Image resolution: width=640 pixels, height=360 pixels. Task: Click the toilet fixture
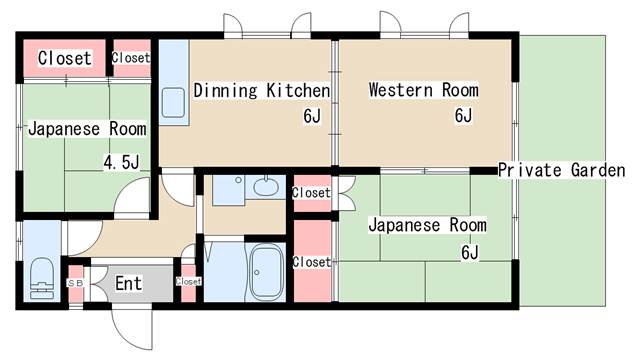41,279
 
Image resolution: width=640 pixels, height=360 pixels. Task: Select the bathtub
265,272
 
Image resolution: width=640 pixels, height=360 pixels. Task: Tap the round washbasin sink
266,186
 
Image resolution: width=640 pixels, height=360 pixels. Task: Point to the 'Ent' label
128,284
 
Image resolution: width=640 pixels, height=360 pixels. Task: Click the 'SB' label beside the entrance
75,283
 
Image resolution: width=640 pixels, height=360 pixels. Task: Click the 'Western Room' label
423,91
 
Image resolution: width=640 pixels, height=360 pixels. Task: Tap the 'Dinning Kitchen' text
261,91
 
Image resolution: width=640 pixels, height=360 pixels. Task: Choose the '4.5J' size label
121,162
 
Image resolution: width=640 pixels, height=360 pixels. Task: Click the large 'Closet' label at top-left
64,59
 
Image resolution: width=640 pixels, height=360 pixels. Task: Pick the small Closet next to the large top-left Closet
130,58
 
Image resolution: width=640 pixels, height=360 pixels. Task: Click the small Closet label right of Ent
188,282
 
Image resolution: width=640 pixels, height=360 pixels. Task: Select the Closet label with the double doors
311,192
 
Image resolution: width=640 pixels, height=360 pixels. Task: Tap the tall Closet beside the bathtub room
311,262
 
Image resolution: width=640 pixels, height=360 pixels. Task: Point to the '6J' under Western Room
462,116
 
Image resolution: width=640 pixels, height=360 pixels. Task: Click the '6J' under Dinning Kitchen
312,116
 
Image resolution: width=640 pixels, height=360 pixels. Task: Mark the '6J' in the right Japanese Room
470,251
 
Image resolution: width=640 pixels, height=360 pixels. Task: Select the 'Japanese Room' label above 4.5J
87,129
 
